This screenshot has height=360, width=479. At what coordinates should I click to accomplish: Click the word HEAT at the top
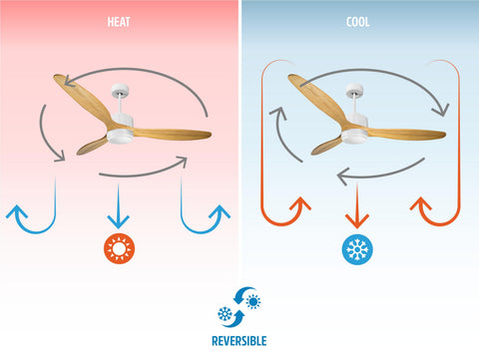(x=119, y=22)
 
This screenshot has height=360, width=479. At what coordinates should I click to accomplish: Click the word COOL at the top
(x=358, y=22)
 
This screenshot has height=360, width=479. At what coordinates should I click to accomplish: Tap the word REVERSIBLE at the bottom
(x=239, y=341)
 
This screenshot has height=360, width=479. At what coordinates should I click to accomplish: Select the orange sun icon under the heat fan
(x=119, y=248)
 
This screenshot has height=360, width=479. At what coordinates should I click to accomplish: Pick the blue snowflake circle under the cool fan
(x=357, y=249)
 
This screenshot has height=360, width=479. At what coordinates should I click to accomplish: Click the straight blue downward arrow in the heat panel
(x=118, y=206)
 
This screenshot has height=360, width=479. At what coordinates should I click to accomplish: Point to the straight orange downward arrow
(x=357, y=206)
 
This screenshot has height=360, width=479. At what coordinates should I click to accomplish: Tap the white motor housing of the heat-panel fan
(x=121, y=130)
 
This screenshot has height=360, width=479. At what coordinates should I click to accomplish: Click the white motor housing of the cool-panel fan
(x=355, y=130)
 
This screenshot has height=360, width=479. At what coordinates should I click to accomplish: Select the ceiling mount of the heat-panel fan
(x=120, y=90)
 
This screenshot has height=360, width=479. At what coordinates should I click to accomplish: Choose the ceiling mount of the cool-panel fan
(x=354, y=90)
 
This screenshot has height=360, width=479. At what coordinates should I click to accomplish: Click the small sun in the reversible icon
(x=253, y=302)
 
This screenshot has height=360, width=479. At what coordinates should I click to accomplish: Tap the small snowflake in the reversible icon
(x=225, y=314)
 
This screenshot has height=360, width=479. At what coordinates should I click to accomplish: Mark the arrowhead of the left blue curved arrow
(x=17, y=212)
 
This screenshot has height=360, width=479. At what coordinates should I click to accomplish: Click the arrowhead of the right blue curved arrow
(x=220, y=212)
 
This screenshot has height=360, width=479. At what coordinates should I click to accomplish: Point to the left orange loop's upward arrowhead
(x=300, y=203)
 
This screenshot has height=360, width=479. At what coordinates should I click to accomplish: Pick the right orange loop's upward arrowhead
(x=421, y=203)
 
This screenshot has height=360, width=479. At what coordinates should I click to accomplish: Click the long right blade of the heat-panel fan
(x=172, y=133)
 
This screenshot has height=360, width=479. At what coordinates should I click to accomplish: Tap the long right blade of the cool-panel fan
(x=406, y=134)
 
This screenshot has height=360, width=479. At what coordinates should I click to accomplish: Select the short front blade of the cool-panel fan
(x=326, y=146)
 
